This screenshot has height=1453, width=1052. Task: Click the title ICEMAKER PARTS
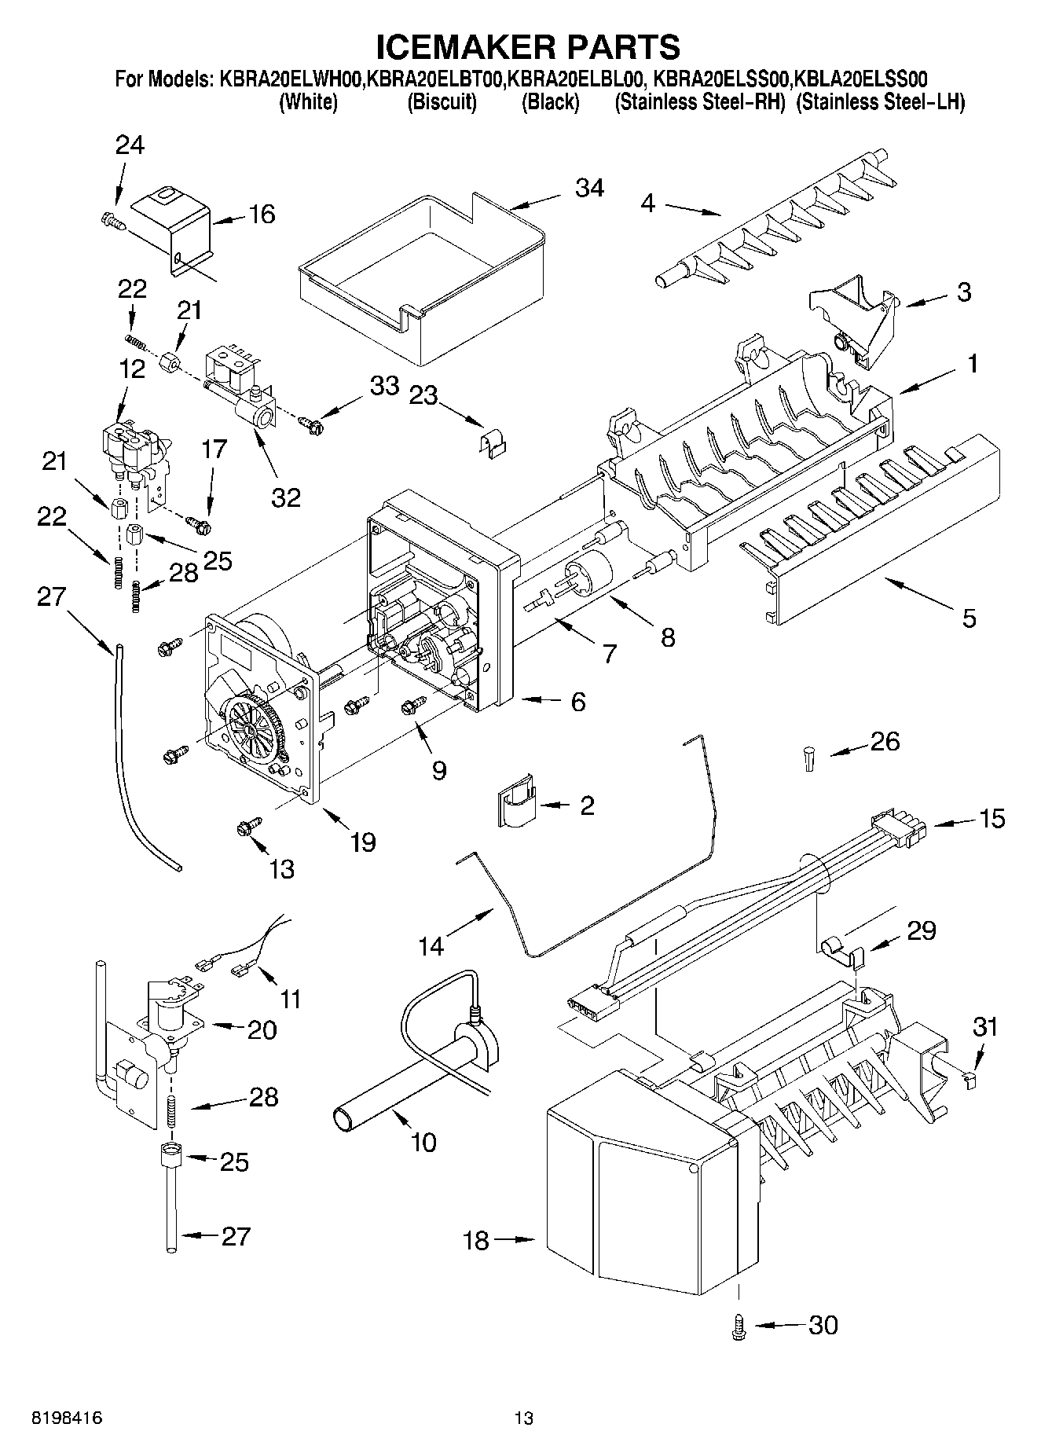[x=528, y=47]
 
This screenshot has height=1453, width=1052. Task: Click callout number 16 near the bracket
[x=262, y=214]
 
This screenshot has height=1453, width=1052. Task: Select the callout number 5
[x=969, y=618]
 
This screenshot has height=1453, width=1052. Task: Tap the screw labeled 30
[x=738, y=1326]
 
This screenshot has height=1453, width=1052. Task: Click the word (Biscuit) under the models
[x=442, y=102]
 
